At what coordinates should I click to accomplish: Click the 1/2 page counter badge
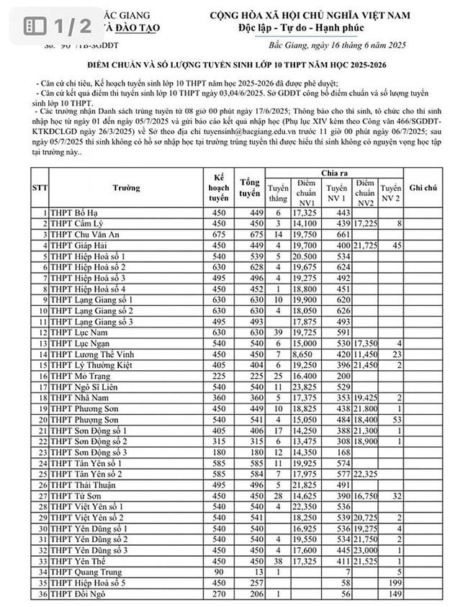59,26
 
